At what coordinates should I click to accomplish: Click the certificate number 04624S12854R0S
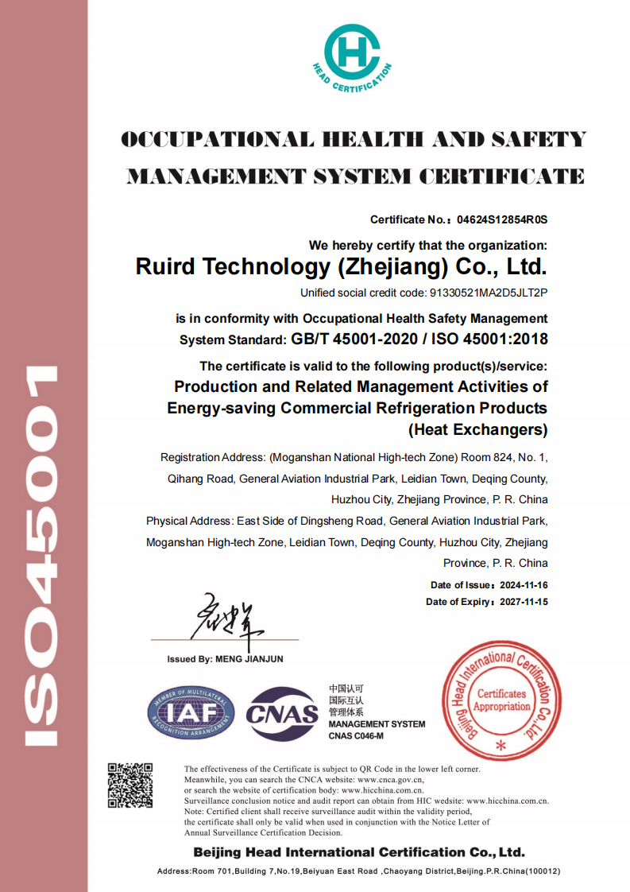(502, 219)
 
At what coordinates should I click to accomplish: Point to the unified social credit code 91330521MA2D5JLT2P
(489, 293)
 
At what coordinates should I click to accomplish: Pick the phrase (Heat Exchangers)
(478, 430)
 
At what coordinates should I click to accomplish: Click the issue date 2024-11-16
(524, 585)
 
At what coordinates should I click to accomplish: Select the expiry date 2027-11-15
(524, 602)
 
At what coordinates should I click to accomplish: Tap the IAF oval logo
(191, 713)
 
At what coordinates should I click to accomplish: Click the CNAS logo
(283, 713)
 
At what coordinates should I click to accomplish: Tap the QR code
(129, 785)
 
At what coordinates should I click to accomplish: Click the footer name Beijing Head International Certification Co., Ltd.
(359, 852)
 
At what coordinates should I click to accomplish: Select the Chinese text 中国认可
(346, 688)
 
